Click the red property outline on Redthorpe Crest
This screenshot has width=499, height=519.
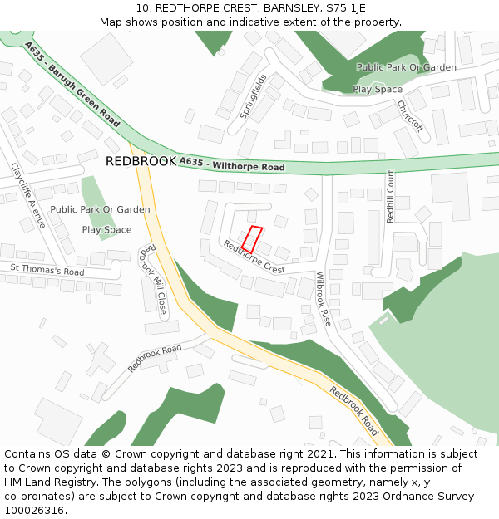[x=252, y=239]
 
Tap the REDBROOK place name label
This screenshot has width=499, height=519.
[x=141, y=161]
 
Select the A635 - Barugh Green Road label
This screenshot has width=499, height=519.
[x=72, y=84]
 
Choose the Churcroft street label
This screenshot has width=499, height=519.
[x=410, y=116]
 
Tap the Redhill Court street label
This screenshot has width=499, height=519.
[x=391, y=195]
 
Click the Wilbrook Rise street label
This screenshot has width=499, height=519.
[x=324, y=298]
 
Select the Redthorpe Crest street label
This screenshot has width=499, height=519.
[x=254, y=257]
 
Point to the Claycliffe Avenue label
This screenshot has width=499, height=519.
[x=28, y=195]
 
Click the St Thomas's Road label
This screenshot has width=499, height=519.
[x=47, y=270]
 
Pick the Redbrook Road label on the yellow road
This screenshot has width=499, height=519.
[x=354, y=411]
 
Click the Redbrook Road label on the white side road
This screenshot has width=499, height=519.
[x=154, y=358]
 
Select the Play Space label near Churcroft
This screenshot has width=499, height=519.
[x=378, y=89]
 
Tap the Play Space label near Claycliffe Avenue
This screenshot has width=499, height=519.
[x=106, y=229]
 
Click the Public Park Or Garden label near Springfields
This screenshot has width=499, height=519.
[x=406, y=67]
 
